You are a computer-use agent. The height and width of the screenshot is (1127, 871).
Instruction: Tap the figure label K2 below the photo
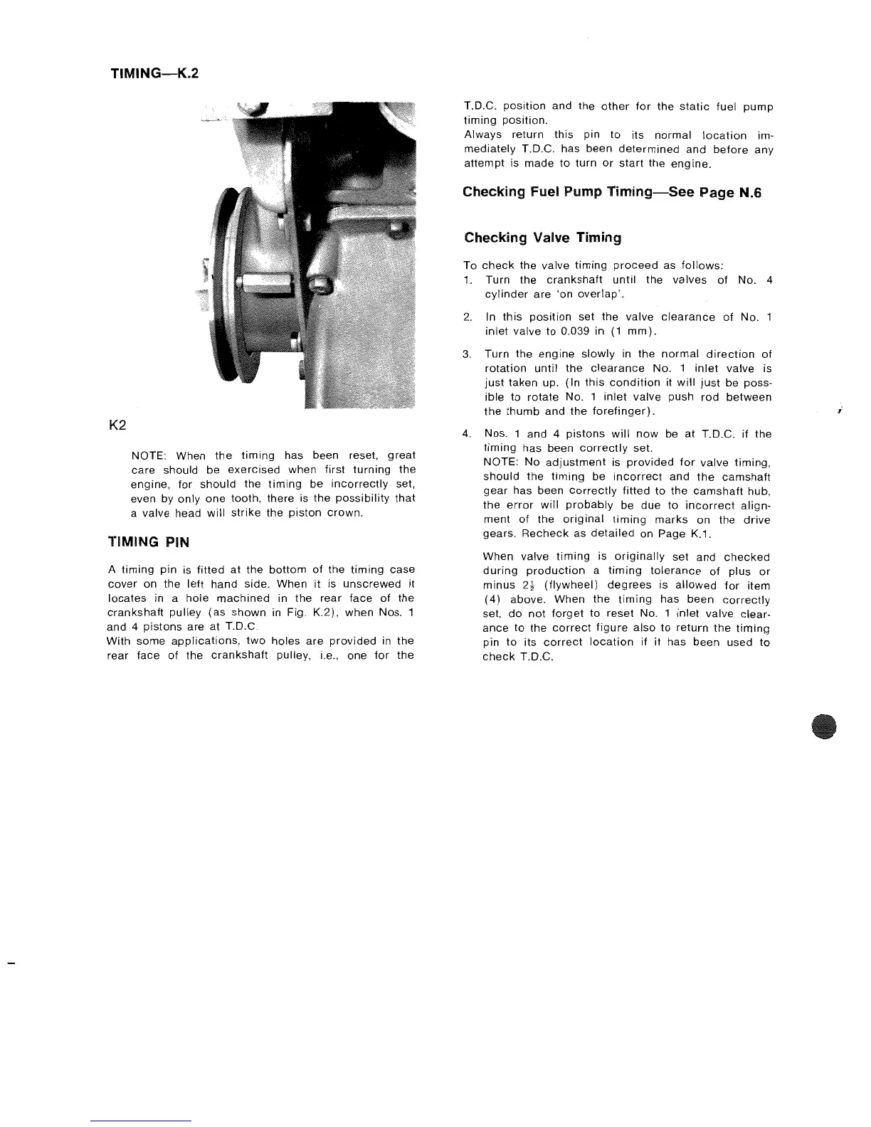tap(117, 425)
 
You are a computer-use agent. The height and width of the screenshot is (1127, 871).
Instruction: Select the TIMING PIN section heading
tap(148, 542)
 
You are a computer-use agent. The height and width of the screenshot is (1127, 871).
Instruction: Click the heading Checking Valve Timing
tap(542, 238)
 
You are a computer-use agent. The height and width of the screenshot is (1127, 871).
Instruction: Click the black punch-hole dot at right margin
tap(824, 727)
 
